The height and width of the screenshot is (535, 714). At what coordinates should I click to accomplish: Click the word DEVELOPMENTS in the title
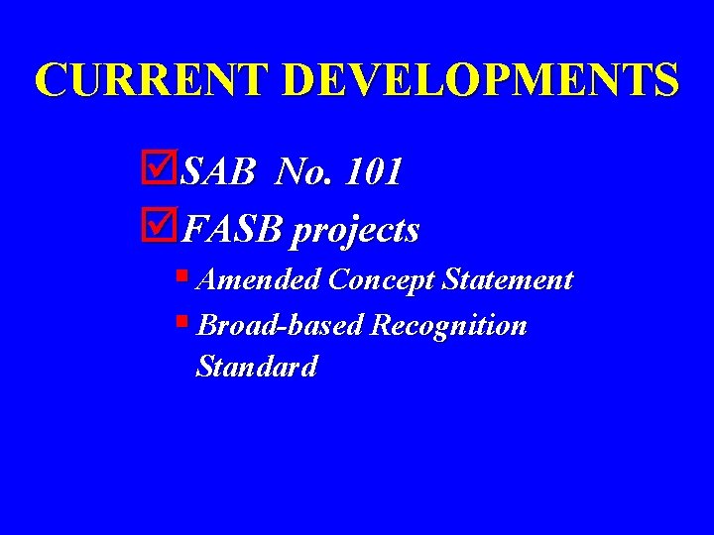pos(481,80)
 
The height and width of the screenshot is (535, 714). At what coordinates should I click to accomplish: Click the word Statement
pos(508,280)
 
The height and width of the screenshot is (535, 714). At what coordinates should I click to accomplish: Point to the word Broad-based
pos(281,325)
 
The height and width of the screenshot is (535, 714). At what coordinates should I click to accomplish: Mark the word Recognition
pos(448,326)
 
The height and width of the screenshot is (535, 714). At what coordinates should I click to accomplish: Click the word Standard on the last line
pos(258,367)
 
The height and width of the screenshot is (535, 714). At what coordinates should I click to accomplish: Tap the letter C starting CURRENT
pos(51,80)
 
